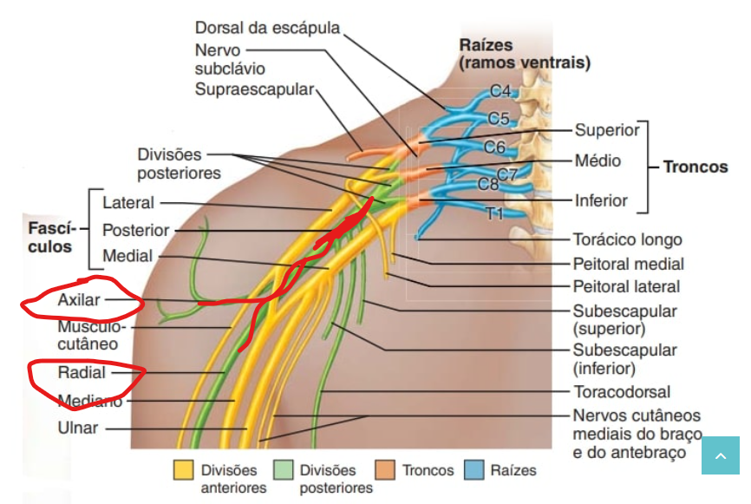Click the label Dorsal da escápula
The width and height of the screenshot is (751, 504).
[x=267, y=27]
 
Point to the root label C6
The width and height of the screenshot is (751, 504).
[x=494, y=147]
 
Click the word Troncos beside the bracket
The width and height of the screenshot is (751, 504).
[x=695, y=166]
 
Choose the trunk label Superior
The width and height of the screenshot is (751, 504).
[x=607, y=130]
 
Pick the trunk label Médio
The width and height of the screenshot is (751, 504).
[x=598, y=161]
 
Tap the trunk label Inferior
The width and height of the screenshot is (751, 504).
[x=601, y=200]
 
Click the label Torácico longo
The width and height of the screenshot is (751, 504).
[x=627, y=239]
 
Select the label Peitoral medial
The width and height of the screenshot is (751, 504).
[x=628, y=264]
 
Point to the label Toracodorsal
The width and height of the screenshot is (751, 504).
[x=622, y=392]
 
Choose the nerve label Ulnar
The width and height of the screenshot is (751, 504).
[x=79, y=428]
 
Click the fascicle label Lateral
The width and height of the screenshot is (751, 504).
[x=127, y=203]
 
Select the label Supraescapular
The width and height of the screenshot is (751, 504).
[x=253, y=88]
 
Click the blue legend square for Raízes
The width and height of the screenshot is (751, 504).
[x=475, y=470]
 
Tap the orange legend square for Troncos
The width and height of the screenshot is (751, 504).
[x=386, y=470]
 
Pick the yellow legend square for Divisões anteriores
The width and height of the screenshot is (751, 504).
[x=184, y=470]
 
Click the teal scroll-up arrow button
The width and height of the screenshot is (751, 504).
[x=721, y=455]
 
